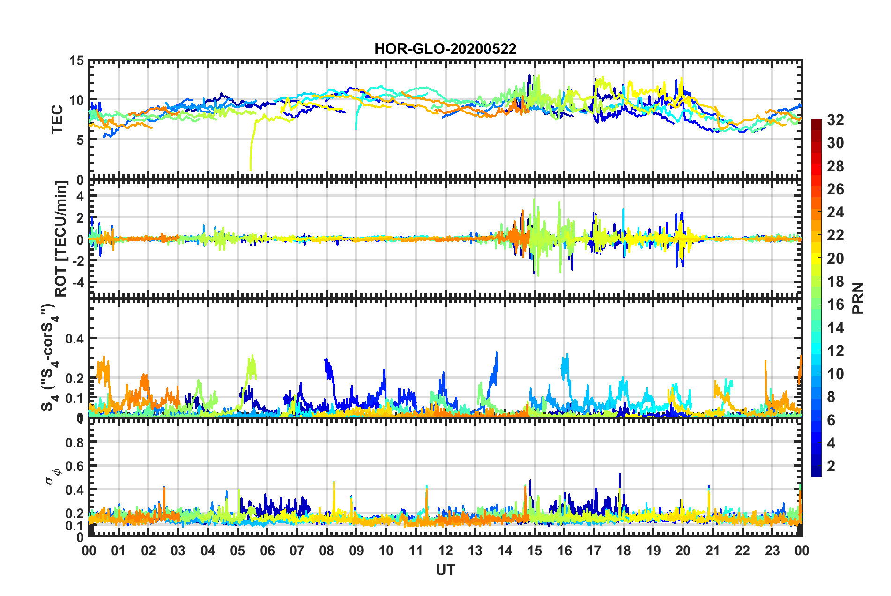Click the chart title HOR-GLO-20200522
pyautogui.click(x=445, y=49)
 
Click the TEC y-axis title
pyautogui.click(x=57, y=120)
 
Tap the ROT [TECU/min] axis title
pyautogui.click(x=61, y=239)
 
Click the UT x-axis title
pyautogui.click(x=445, y=570)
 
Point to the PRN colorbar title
pyautogui.click(x=858, y=298)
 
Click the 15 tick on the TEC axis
pyautogui.click(x=76, y=61)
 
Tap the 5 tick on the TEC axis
pyautogui.click(x=80, y=140)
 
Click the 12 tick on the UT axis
pyautogui.click(x=445, y=551)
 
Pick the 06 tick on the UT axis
pyautogui.click(x=267, y=551)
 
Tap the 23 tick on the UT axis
pyautogui.click(x=772, y=551)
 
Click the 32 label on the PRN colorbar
pyautogui.click(x=835, y=120)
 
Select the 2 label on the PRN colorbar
pyautogui.click(x=831, y=466)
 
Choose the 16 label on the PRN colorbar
pyautogui.click(x=835, y=305)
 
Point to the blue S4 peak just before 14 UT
pyautogui.click(x=497, y=354)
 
